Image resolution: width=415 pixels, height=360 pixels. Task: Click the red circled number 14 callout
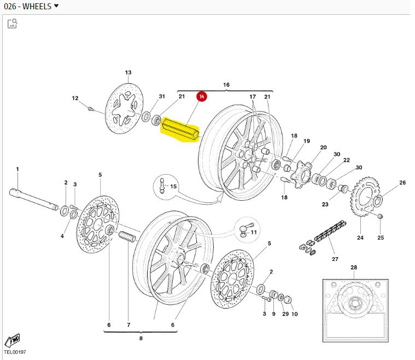click(202, 97)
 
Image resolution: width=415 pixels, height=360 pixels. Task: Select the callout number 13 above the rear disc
click(128, 72)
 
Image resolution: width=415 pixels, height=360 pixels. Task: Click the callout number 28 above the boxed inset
click(354, 268)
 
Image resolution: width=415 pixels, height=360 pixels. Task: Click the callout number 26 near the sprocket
click(402, 183)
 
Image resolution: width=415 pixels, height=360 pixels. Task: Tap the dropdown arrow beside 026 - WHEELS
click(56, 6)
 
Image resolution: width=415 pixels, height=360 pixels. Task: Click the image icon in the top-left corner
click(12, 23)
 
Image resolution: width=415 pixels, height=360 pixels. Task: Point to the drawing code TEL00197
click(15, 353)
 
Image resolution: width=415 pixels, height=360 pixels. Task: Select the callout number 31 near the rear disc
click(162, 96)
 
